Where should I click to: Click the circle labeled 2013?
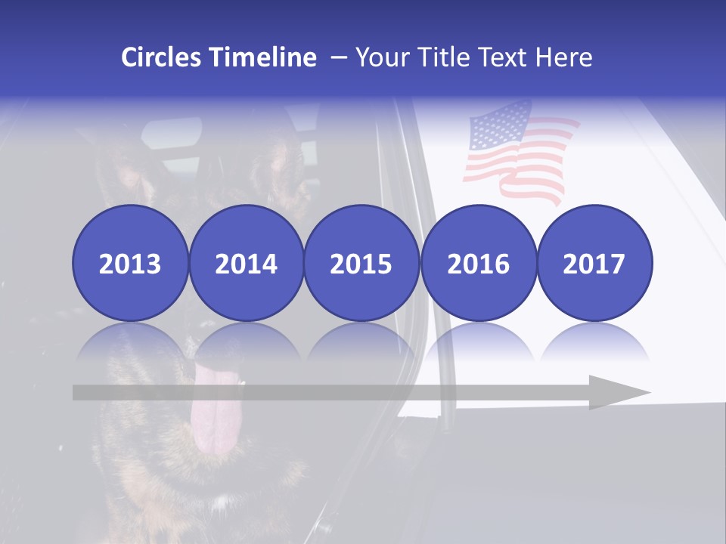pyautogui.click(x=130, y=264)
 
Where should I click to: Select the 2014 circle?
pyautogui.click(x=246, y=264)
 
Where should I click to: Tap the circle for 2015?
pyautogui.click(x=361, y=264)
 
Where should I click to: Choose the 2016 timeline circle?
pyautogui.click(x=478, y=264)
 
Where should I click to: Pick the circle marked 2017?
pyautogui.click(x=594, y=264)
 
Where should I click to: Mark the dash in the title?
pyautogui.click(x=337, y=57)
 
